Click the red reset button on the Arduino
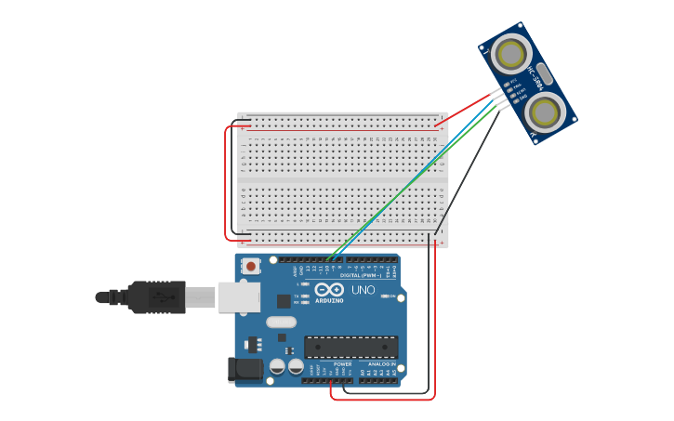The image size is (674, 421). (x=251, y=267)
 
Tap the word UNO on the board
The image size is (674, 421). (x=363, y=290)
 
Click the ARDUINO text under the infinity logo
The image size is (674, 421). (x=329, y=300)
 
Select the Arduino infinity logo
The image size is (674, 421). (x=329, y=289)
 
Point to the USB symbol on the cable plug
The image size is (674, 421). (x=162, y=297)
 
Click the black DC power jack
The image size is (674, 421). (x=245, y=369)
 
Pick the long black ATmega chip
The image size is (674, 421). (x=350, y=348)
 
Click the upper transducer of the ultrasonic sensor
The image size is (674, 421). (x=510, y=53)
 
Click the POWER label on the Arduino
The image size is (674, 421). (x=329, y=364)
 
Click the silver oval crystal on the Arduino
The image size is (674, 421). (x=281, y=322)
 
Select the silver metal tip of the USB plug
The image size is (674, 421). (x=200, y=297)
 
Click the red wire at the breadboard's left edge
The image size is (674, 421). (x=226, y=181)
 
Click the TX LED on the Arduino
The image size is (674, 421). (x=305, y=296)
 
